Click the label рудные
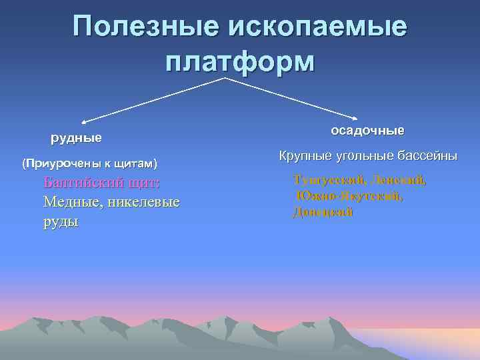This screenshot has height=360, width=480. click(x=77, y=139)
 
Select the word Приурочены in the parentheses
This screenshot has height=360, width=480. click(x=55, y=163)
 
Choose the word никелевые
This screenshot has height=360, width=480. click(x=144, y=202)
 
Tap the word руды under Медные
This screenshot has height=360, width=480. click(x=61, y=221)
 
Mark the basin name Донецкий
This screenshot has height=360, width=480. click(x=323, y=213)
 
